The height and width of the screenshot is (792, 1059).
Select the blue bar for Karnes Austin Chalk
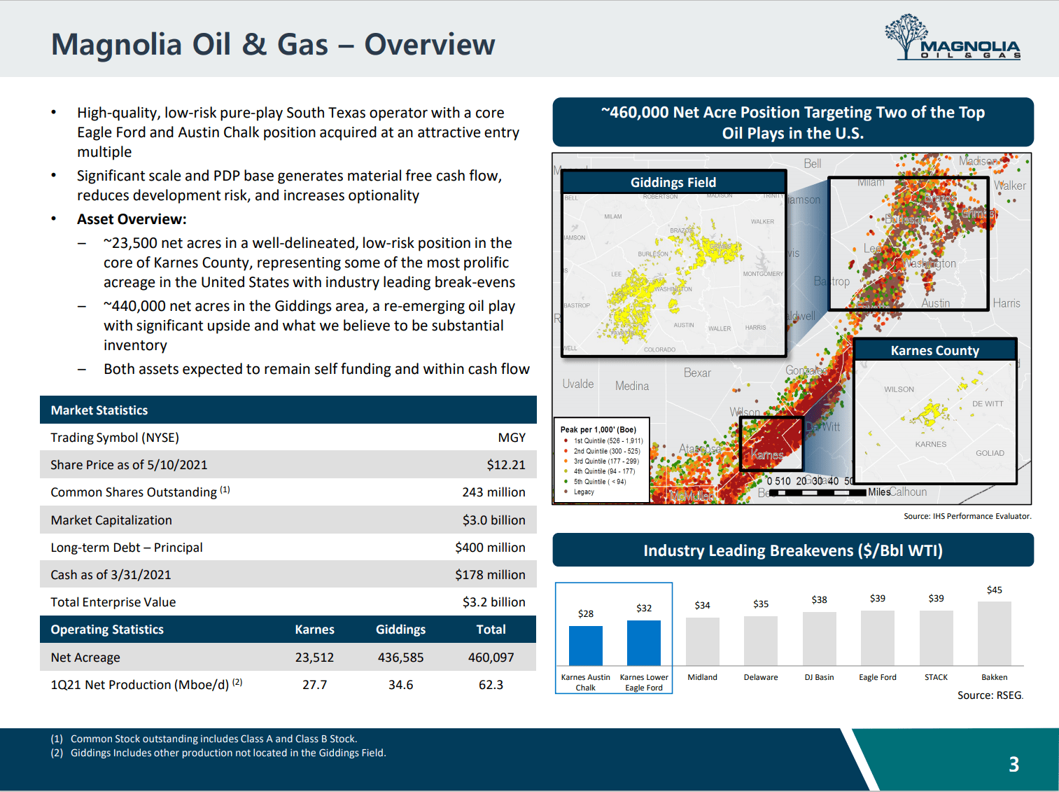tap(585, 645)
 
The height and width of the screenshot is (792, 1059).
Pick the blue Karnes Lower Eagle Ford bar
tap(643, 642)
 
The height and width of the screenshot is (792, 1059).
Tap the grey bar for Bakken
tap(994, 633)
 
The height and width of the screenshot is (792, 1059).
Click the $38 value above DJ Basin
tap(819, 600)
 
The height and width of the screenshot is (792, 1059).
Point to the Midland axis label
tap(702, 677)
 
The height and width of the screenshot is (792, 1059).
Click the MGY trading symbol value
tap(512, 438)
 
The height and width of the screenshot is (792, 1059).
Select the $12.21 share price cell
tap(506, 465)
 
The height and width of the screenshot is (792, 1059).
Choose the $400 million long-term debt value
tap(490, 548)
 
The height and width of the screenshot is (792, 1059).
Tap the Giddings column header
tap(400, 630)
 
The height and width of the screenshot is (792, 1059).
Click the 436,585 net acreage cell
tap(400, 658)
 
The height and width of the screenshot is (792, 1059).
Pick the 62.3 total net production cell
tap(491, 685)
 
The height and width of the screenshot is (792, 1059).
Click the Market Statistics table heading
tap(99, 410)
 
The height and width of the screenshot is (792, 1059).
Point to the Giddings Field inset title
tap(673, 183)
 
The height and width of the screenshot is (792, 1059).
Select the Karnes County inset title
tap(934, 351)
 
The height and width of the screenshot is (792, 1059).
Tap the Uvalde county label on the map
tap(578, 384)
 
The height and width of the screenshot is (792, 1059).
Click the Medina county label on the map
tap(632, 386)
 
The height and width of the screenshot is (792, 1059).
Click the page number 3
tap(1014, 764)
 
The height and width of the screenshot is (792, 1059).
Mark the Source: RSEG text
tap(990, 695)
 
